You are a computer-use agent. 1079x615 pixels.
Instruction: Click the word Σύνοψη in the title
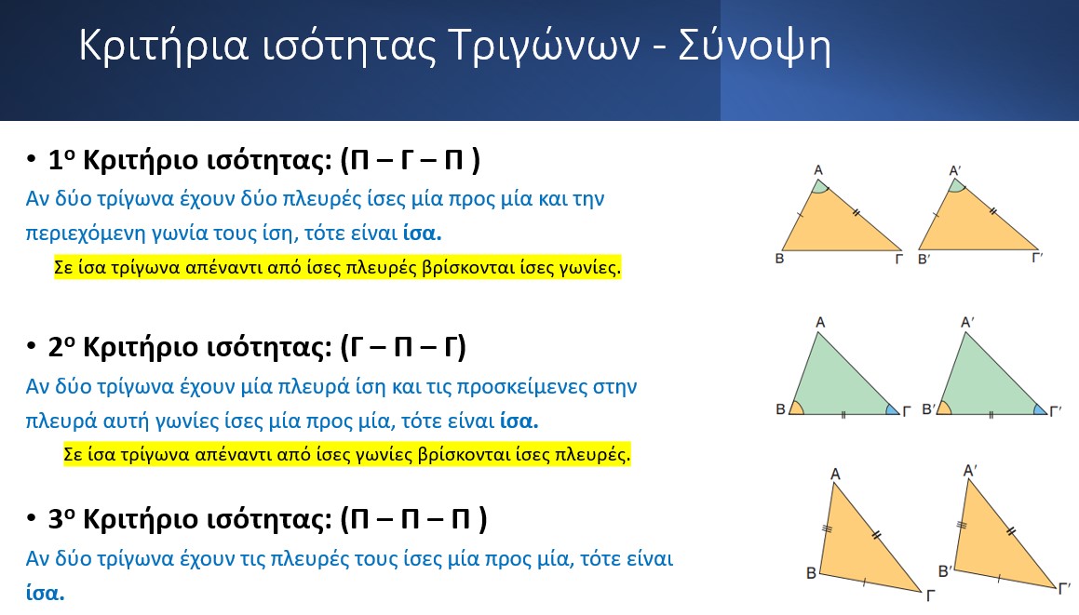coord(755,47)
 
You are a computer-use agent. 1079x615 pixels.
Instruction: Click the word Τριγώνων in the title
coord(545,47)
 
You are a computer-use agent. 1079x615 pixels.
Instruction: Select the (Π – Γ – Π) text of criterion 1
coord(411,160)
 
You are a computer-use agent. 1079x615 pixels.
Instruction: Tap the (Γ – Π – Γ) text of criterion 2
coord(403,347)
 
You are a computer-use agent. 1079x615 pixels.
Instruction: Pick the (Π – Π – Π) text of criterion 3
coord(413,518)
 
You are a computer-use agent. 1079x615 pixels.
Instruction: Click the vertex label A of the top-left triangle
coord(818,170)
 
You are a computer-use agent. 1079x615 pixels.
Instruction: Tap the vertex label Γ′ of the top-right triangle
coord(1038,258)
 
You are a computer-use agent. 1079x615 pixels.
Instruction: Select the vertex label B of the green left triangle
coord(780,409)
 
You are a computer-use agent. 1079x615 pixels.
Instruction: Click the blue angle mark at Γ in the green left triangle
coord(891,409)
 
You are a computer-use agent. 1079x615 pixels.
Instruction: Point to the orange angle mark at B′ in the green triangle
coord(945,408)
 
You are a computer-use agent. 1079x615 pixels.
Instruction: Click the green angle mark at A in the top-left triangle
coord(819,187)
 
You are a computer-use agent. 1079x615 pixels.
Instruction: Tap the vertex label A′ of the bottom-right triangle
coord(970,471)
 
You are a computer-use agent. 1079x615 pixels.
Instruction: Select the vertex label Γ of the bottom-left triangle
coord(930,595)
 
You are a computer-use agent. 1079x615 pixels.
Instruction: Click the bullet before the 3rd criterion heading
coord(31,517)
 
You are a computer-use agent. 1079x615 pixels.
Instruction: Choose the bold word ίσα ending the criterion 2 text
coord(519,421)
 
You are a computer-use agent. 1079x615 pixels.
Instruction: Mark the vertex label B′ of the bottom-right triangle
coord(946,571)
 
